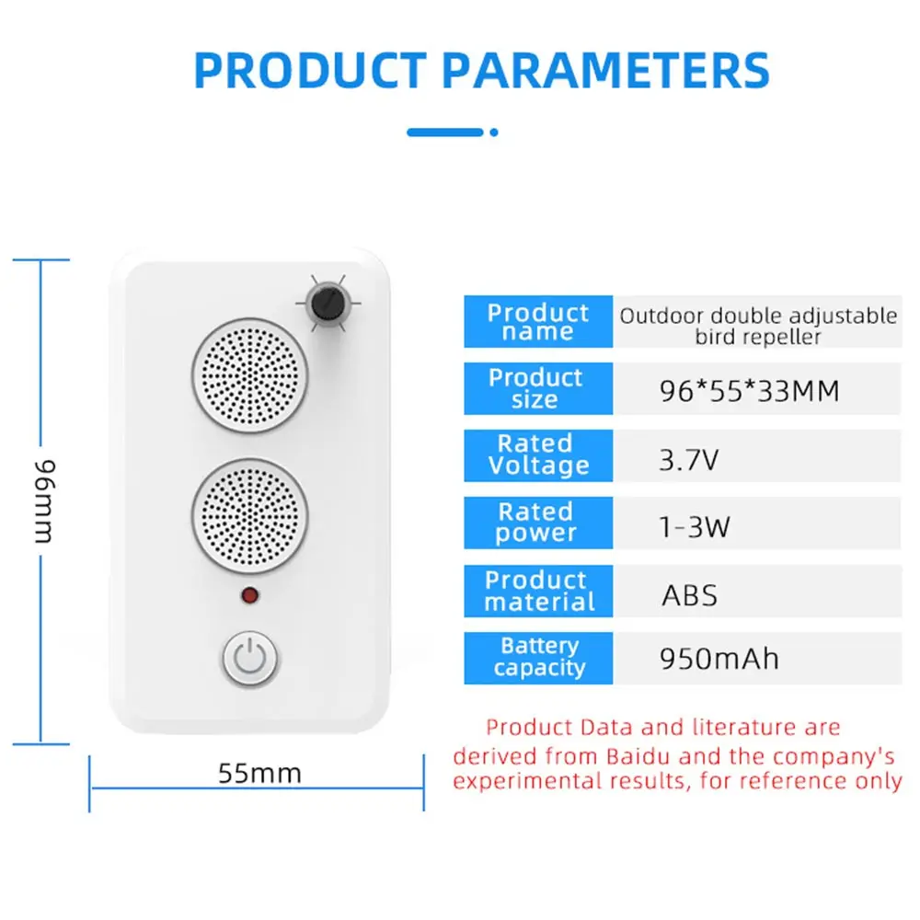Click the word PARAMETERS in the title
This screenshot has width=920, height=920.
605,71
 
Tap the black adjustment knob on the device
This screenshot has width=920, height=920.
328,304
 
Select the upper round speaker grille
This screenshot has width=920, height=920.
250,376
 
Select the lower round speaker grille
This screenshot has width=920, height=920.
250,516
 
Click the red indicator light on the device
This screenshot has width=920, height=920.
250,595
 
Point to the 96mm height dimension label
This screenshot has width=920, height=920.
44,501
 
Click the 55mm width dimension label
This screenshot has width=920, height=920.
260,774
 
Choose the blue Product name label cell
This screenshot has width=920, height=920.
538,321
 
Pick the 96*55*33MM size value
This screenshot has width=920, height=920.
749,391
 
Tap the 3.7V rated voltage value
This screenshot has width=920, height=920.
688,459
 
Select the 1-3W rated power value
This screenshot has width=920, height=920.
695,526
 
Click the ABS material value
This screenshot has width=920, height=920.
689,595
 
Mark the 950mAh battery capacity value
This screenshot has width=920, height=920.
719,659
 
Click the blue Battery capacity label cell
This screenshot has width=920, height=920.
538,658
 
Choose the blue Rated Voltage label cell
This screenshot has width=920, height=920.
538,455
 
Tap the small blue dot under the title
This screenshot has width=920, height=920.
494,132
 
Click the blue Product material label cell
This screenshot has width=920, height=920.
538,591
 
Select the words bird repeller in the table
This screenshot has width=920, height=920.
757,337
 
